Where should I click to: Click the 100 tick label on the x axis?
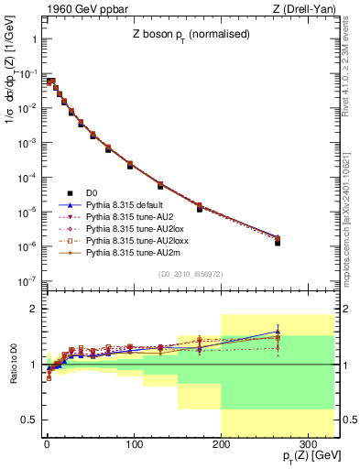click(x=135, y=444)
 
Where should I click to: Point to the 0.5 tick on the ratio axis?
click(x=30, y=420)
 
